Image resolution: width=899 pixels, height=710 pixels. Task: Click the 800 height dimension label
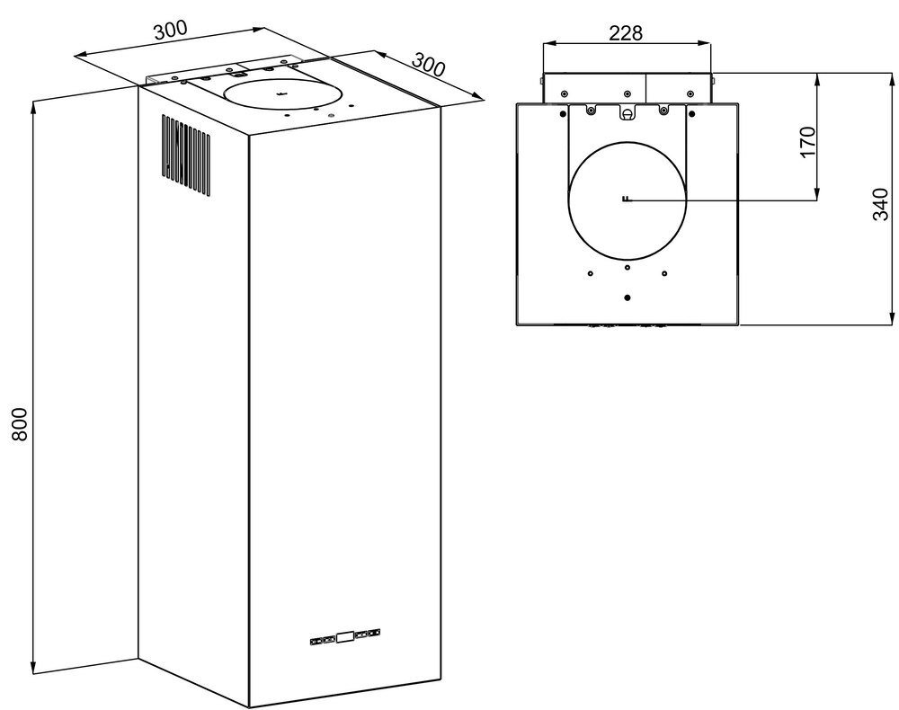21,424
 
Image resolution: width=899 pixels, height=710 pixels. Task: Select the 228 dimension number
626,32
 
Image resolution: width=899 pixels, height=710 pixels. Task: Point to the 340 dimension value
881,205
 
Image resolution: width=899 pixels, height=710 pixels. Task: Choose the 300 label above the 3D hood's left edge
170,30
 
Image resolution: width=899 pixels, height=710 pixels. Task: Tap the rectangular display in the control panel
344,637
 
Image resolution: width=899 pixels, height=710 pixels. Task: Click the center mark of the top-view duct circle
626,200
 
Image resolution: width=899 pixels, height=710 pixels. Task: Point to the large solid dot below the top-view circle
627,297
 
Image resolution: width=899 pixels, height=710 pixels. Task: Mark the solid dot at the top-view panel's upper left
564,113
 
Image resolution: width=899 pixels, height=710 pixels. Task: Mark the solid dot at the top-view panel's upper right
690,113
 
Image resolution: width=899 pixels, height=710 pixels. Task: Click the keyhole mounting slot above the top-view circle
627,112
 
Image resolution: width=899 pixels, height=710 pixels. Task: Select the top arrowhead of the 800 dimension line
34,106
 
